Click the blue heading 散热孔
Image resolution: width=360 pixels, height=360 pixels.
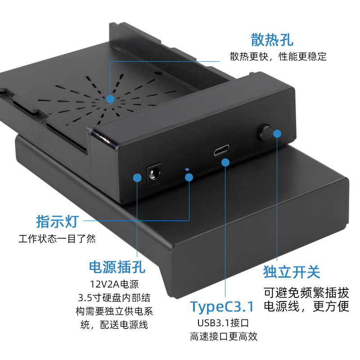click(x=272, y=40)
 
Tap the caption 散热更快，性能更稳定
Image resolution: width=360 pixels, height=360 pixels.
click(x=278, y=57)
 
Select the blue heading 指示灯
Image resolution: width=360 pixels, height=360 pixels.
click(x=57, y=221)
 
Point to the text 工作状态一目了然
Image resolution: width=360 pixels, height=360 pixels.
click(x=57, y=239)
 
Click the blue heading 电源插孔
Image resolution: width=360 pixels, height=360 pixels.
click(x=117, y=267)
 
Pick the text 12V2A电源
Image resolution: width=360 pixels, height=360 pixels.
click(x=114, y=284)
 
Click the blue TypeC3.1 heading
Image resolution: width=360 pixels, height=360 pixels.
click(x=222, y=306)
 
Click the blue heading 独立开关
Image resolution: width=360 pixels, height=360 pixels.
click(x=292, y=272)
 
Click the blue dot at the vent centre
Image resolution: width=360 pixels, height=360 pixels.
click(x=110, y=98)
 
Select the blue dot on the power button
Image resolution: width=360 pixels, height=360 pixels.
click(x=277, y=133)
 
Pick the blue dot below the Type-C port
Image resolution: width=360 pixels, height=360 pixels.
click(x=225, y=162)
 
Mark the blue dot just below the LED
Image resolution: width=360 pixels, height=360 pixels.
click(x=189, y=177)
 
